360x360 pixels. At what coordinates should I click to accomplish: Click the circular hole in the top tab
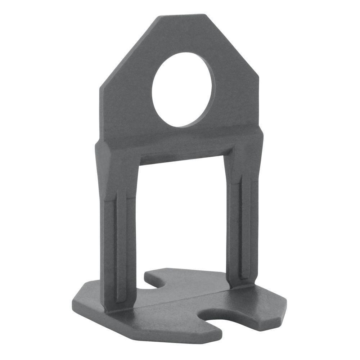click(183, 90)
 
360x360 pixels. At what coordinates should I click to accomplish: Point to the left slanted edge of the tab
click(130, 50)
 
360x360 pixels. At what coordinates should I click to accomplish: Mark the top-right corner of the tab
click(206, 15)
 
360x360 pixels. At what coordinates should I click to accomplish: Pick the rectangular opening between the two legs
click(182, 216)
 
